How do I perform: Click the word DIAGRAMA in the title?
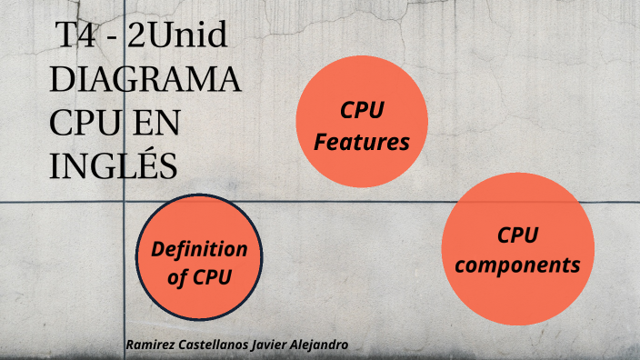tap(145, 80)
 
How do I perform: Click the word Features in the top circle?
tap(362, 142)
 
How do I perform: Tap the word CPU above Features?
tap(362, 110)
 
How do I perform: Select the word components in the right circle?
tap(517, 265)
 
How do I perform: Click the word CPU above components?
tap(517, 235)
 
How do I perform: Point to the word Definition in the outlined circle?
tap(199, 249)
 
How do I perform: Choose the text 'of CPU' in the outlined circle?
tap(199, 278)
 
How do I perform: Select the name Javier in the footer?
tap(277, 345)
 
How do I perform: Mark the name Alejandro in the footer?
tap(324, 345)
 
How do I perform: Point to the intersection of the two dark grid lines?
tap(124, 202)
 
